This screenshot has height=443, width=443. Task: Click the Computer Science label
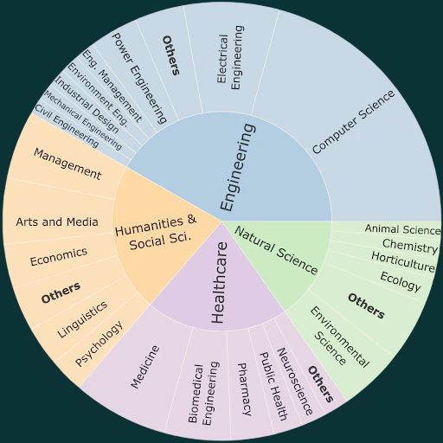[353, 122]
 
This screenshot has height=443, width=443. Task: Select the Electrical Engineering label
[230, 58]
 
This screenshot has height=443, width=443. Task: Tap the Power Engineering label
[139, 78]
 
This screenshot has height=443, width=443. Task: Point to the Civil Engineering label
[67, 126]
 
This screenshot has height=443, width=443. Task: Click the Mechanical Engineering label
[83, 120]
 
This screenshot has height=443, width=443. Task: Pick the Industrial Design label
[87, 105]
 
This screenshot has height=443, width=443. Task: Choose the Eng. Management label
[112, 86]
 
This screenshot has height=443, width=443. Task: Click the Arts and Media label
[57, 221]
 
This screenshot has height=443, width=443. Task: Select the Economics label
[59, 256]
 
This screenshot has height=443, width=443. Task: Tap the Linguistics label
[82, 319]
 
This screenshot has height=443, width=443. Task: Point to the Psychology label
[99, 343]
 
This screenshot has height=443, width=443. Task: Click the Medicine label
[144, 367]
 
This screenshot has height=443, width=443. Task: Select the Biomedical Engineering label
[203, 393]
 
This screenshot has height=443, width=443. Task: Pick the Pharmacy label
[244, 389]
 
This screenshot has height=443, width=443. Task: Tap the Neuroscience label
[295, 381]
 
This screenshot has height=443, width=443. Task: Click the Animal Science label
[402, 229]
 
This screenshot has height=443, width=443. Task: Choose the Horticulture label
[403, 262]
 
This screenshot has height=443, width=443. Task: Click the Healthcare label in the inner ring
[219, 282]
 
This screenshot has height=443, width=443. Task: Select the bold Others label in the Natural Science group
[366, 305]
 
